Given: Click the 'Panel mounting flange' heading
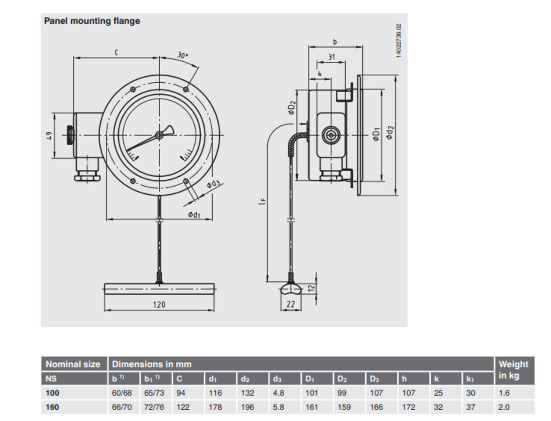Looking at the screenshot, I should pyautogui.click(x=92, y=21).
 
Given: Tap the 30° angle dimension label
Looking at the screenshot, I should pyautogui.click(x=183, y=55).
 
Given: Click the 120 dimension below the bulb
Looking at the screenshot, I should pyautogui.click(x=159, y=305).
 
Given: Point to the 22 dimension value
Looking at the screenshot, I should pyautogui.click(x=291, y=304).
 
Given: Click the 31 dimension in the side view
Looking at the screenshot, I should pyautogui.click(x=331, y=57).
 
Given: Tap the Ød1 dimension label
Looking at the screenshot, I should pyautogui.click(x=194, y=214).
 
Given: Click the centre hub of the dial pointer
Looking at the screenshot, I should pyautogui.click(x=159, y=135).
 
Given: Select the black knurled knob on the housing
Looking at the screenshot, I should pyautogui.click(x=69, y=136).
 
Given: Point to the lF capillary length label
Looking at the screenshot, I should pyautogui.click(x=262, y=201).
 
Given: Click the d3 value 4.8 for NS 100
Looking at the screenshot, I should pyautogui.click(x=278, y=393).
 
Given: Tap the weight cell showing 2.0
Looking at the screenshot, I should pyautogui.click(x=504, y=407).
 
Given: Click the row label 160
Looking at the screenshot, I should pyautogui.click(x=53, y=407).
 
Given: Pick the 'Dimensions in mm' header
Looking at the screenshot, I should pyautogui.click(x=151, y=364).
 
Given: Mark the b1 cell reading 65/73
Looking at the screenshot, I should pyautogui.click(x=154, y=393).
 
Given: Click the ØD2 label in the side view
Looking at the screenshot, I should pyautogui.click(x=292, y=107).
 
